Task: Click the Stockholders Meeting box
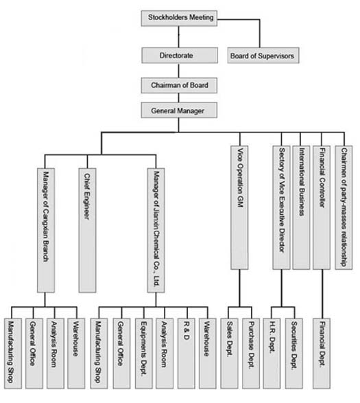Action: (x=179, y=18)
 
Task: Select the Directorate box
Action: (x=180, y=55)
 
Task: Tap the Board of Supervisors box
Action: (x=263, y=55)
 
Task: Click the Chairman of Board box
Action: (x=179, y=85)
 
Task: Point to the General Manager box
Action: (x=179, y=111)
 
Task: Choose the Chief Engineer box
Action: (x=87, y=230)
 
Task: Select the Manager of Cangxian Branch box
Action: (x=46, y=230)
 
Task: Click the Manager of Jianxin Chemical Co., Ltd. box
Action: (x=156, y=230)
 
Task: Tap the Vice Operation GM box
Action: (x=239, y=207)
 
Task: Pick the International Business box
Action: (x=301, y=207)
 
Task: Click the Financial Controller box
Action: (x=322, y=207)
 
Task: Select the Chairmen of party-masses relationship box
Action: (x=344, y=207)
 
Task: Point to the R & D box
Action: (x=186, y=354)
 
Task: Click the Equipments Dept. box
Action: (x=144, y=354)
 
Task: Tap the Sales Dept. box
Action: (x=229, y=354)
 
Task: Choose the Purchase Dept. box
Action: (x=251, y=354)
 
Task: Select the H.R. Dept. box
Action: (x=272, y=354)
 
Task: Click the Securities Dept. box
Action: (x=294, y=354)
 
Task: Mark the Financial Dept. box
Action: (x=322, y=354)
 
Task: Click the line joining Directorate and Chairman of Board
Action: (x=179, y=71)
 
